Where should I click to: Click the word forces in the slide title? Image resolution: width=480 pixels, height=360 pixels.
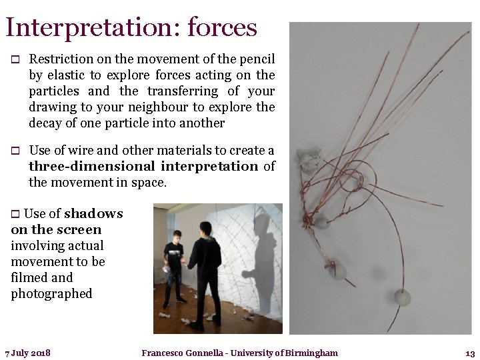tap(223, 27)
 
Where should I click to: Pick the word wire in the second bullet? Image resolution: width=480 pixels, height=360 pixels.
tap(79, 151)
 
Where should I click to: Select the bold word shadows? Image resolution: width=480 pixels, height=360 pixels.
tap(93, 214)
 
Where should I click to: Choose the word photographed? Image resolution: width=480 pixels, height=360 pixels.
tap(51, 293)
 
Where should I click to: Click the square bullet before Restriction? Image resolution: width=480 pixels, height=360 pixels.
tap(15, 60)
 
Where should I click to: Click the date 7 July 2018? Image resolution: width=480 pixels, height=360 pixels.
tap(28, 353)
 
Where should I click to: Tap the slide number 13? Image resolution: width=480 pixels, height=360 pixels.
tap(469, 353)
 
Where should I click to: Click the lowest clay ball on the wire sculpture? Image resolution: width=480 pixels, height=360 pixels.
tap(402, 297)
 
